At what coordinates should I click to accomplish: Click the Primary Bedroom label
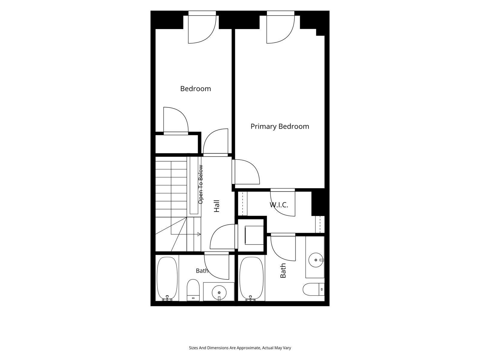(280, 127)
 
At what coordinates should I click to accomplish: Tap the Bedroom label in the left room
(196, 89)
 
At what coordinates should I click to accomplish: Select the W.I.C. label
(279, 205)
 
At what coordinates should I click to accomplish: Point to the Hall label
(217, 206)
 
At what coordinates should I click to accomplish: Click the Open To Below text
(200, 184)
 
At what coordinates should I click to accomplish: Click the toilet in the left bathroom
(193, 290)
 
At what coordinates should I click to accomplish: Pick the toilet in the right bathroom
(313, 289)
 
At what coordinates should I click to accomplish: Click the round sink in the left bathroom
(219, 292)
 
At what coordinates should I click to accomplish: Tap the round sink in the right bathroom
(316, 260)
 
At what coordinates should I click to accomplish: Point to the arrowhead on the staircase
(199, 234)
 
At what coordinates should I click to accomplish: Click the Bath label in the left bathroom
(202, 271)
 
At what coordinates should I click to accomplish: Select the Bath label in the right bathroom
(283, 270)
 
